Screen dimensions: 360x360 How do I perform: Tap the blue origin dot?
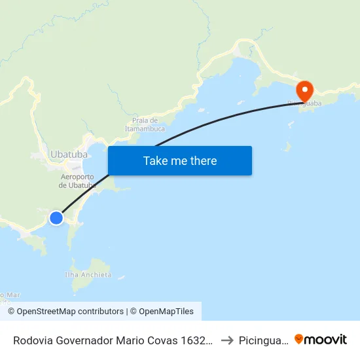[x=56, y=218]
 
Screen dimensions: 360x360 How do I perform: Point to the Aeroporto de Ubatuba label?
[x=77, y=181]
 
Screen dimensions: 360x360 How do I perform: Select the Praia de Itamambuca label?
[x=145, y=124]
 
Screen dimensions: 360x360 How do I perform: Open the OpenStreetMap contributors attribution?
[x=66, y=312]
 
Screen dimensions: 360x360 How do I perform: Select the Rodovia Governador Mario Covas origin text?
[x=113, y=340]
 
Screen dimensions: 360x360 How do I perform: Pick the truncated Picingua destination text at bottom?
[x=262, y=340]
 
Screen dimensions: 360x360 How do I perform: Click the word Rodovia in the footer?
[x=34, y=340]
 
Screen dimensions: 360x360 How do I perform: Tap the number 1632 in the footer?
[x=199, y=340]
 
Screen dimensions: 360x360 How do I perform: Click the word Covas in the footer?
[x=168, y=340]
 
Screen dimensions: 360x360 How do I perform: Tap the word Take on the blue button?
[x=155, y=161]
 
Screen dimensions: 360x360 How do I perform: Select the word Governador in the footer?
[x=88, y=340]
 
